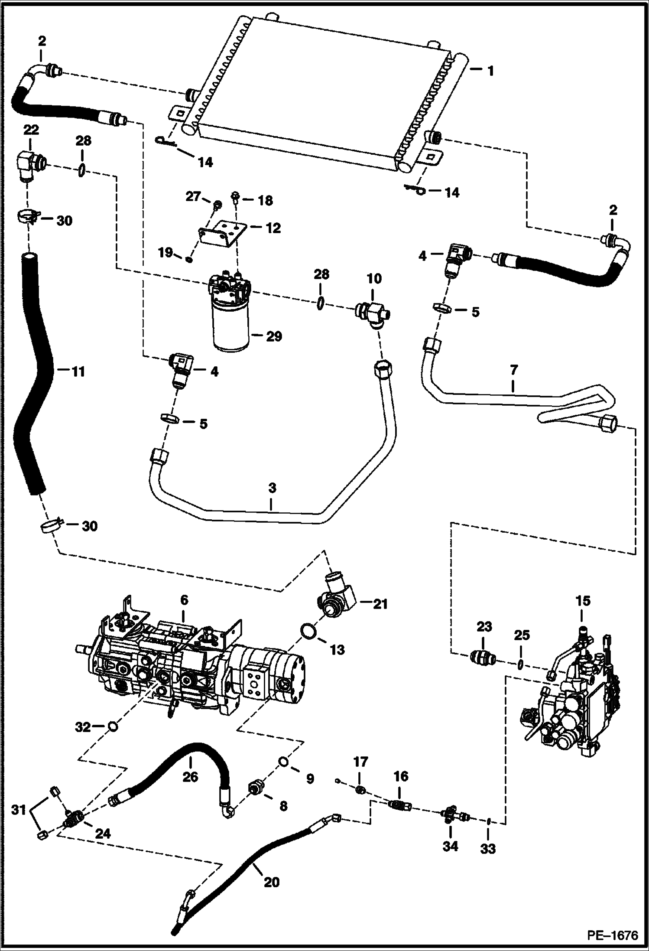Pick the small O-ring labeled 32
pyautogui.click(x=112, y=726)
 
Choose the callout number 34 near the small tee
pyautogui.click(x=450, y=845)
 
